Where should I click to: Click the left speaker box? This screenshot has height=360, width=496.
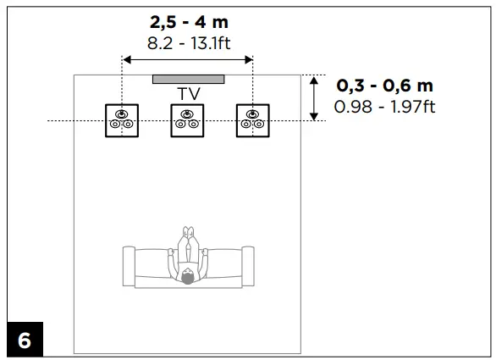(x=122, y=120)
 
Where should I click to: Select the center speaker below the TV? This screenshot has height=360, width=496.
(x=187, y=120)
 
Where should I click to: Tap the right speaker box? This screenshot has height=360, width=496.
(x=252, y=120)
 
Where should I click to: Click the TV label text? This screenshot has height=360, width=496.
(x=188, y=93)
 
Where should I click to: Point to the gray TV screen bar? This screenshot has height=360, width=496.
(x=188, y=80)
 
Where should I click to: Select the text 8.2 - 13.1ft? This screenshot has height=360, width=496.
(x=188, y=42)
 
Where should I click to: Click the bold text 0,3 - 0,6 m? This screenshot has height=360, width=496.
(x=384, y=86)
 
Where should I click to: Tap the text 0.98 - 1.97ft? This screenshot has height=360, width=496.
(x=385, y=106)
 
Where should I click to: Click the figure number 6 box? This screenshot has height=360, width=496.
(x=24, y=341)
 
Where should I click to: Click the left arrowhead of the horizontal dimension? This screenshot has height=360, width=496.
(x=126, y=59)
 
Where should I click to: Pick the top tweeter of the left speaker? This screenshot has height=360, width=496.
(x=122, y=114)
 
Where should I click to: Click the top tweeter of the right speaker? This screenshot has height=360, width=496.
(x=252, y=114)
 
